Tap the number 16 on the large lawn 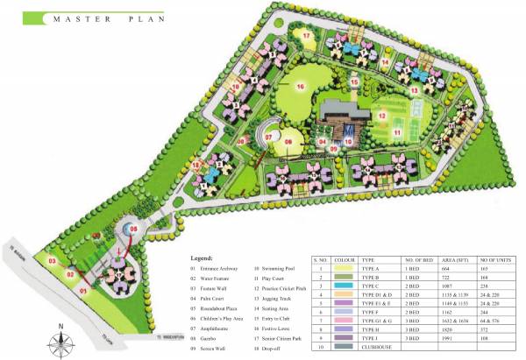299,87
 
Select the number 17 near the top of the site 306,35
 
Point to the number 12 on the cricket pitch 382,115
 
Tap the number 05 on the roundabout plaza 133,229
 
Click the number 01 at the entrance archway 84,288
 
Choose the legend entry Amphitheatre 219,321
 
